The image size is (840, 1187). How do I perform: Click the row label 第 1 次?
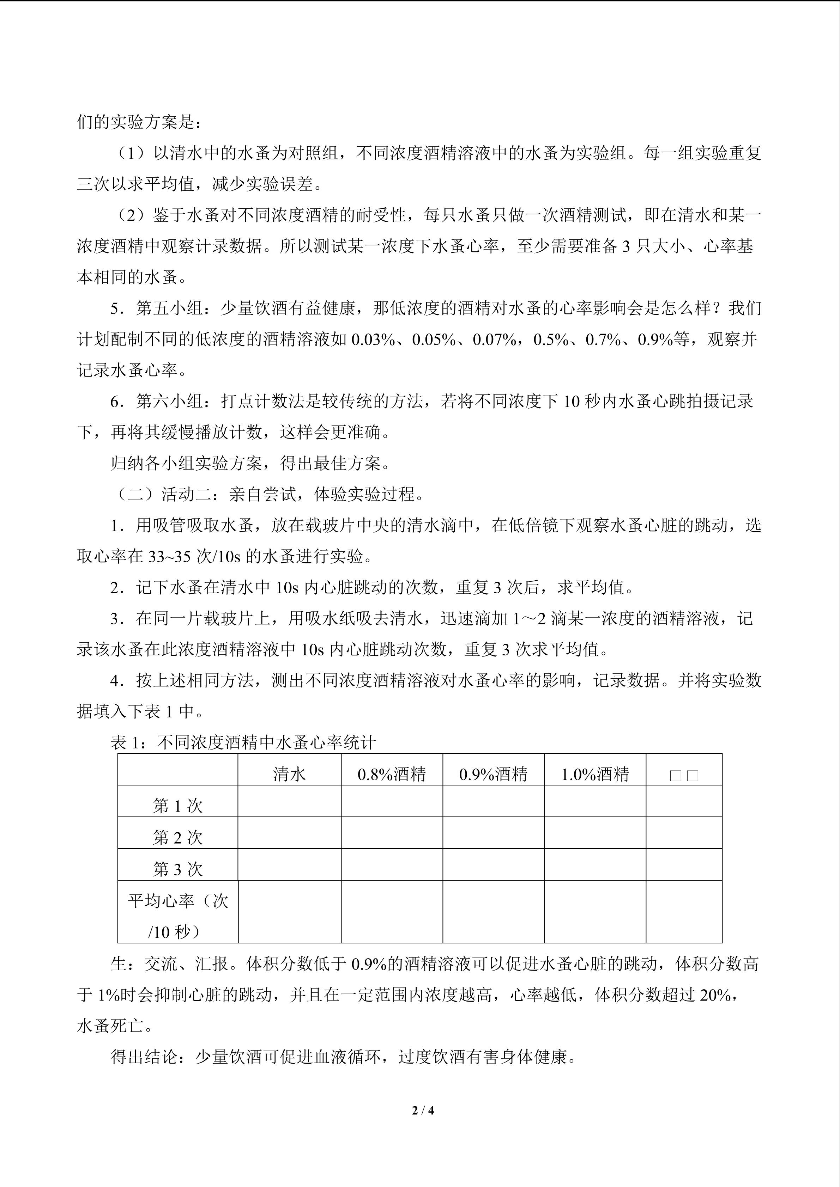pyautogui.click(x=177, y=806)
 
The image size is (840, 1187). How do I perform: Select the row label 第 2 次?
pyautogui.click(x=177, y=838)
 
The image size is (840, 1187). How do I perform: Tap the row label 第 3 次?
pyautogui.click(x=177, y=869)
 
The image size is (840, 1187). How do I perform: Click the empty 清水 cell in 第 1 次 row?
pyautogui.click(x=289, y=802)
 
